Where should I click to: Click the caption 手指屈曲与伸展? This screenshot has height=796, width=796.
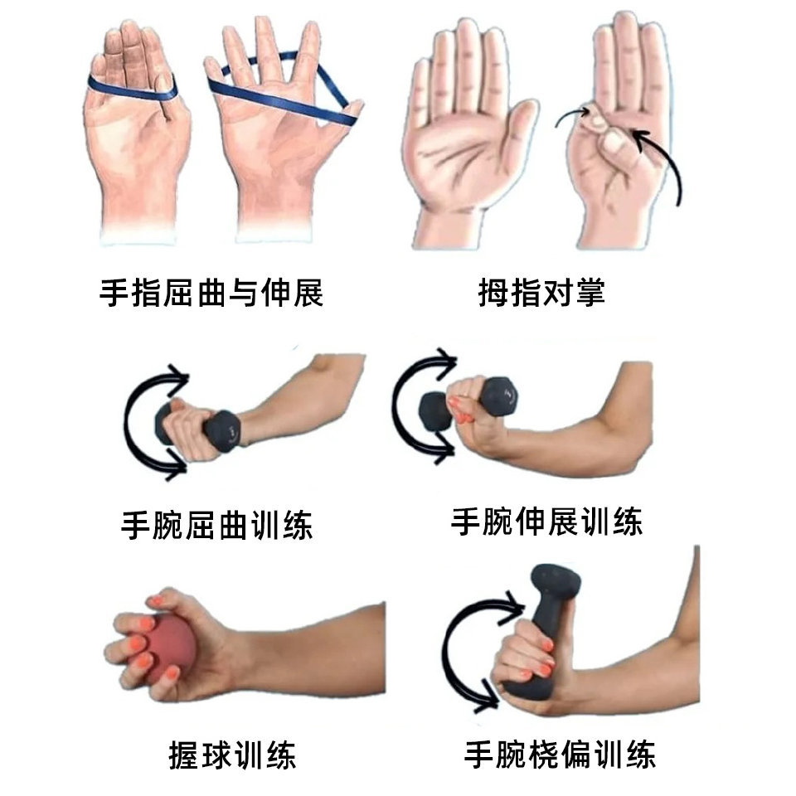coord(211,293)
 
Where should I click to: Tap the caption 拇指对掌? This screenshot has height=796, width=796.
coord(541,292)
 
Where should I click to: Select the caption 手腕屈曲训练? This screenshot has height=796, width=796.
coord(216,524)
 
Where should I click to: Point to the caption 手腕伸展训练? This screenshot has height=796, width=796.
coord(546,521)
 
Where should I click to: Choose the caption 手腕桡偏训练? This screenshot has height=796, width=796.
coord(560,755)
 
